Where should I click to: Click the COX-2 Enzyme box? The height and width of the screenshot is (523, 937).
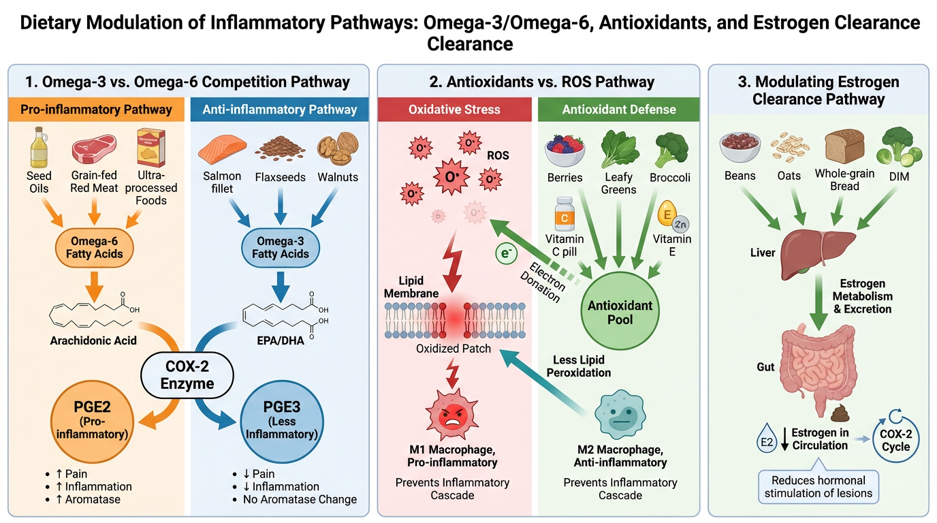coord(187,374)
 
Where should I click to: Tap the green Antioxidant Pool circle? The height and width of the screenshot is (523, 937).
coord(619,312)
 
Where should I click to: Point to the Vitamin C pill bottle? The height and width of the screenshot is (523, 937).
coord(565,214)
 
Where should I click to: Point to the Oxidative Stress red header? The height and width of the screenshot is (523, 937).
coord(454,109)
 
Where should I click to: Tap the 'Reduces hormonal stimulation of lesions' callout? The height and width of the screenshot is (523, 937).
coord(817,486)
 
